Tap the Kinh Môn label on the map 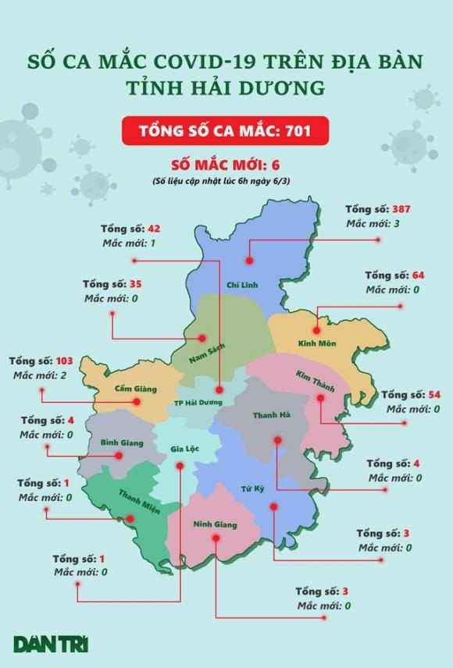[x=316, y=343]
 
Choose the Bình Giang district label [x=122, y=442]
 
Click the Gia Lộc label [x=185, y=449]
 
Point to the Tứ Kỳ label [x=251, y=490]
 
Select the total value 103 [x=66, y=363]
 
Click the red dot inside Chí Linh [x=248, y=263]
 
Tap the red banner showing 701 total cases [x=225, y=130]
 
